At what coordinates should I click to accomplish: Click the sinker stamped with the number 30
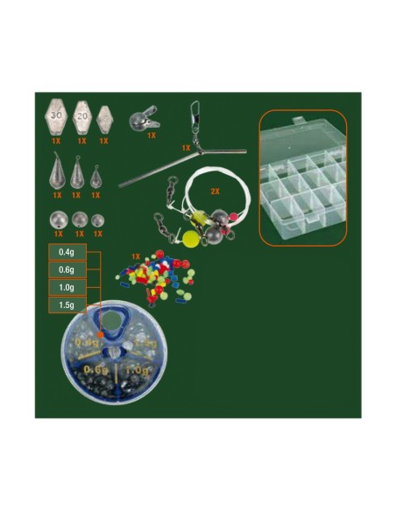tap(57, 115)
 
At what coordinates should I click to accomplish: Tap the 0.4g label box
tap(66, 253)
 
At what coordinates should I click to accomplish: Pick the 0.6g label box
tap(66, 270)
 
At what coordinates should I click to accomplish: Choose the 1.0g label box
tap(66, 288)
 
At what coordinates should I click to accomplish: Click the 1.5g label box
tap(66, 305)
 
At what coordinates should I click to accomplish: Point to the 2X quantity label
tap(215, 190)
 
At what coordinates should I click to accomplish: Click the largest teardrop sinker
tap(58, 171)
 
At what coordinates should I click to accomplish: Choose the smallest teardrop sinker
tap(95, 172)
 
